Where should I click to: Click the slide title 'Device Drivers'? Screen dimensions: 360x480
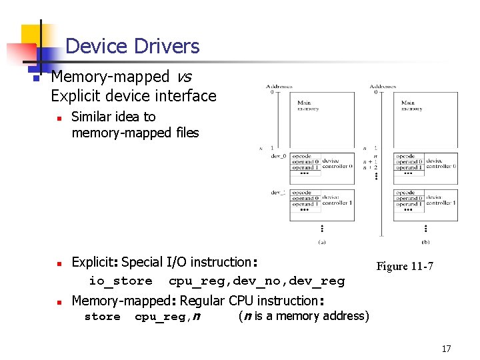(x=133, y=46)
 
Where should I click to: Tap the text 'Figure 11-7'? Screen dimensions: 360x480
(x=405, y=266)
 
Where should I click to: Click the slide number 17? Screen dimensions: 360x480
(x=446, y=349)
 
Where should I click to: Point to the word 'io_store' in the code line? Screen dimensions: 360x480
(x=121, y=281)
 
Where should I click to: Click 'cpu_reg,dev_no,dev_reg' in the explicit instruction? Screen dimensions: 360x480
(x=257, y=281)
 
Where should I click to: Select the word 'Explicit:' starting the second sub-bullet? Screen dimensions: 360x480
(x=95, y=262)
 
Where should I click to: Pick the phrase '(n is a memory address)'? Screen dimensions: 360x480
(x=303, y=316)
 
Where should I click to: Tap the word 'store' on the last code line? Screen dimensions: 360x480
(x=103, y=317)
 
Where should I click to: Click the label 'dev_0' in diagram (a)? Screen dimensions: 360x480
(x=279, y=156)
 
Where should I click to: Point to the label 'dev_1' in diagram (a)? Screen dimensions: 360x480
(x=279, y=192)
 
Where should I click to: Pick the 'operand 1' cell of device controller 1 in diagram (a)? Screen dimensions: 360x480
(x=305, y=204)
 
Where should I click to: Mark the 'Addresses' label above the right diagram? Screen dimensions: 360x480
(x=383, y=86)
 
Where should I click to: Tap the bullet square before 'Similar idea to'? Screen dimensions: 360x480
(x=59, y=118)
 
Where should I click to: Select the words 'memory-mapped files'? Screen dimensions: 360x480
(x=135, y=133)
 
